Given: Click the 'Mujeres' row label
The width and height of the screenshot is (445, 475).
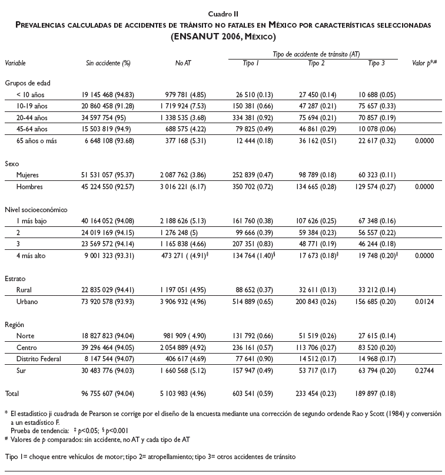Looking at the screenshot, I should pyautogui.click(x=28, y=175).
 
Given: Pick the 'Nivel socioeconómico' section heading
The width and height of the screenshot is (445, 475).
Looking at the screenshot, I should pyautogui.click(x=35, y=209).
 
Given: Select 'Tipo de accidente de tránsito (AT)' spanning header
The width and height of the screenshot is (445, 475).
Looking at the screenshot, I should pyautogui.click(x=317, y=54).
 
